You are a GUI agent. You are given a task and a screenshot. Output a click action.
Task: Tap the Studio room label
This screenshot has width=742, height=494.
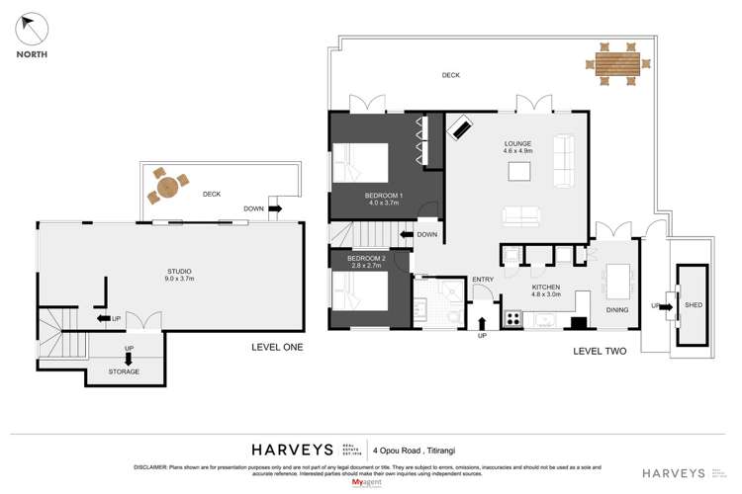[x=179, y=275]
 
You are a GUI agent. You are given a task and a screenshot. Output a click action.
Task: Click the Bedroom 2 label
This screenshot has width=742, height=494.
[x=366, y=262]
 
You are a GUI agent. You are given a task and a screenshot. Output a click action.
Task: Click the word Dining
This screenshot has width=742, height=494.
[x=615, y=309]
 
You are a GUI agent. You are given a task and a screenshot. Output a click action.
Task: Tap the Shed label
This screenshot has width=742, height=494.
[x=694, y=305]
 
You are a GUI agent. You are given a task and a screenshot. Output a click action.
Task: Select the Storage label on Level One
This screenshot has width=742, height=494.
[x=124, y=371]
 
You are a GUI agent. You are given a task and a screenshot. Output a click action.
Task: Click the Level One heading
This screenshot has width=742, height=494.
[x=277, y=348]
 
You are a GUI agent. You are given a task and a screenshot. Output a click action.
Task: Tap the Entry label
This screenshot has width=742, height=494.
[x=482, y=280]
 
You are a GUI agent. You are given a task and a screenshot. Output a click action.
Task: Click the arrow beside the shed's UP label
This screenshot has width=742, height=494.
[x=666, y=305]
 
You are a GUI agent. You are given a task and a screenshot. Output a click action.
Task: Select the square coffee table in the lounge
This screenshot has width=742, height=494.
[x=521, y=172]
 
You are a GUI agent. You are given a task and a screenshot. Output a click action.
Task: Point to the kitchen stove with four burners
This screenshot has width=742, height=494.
[x=513, y=318]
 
